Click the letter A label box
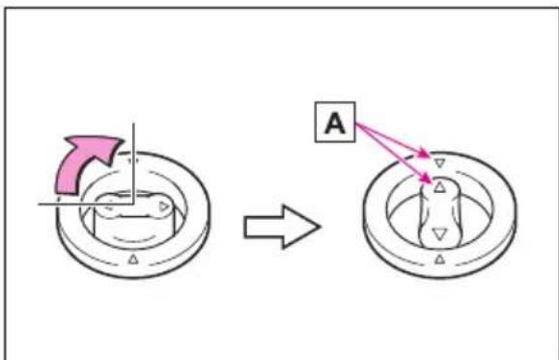point(335,123)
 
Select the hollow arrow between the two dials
point(282,227)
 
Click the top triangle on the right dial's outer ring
point(439,163)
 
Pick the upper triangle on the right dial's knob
point(439,187)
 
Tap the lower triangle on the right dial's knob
point(439,235)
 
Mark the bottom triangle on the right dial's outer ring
point(440,259)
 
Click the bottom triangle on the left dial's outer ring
point(133,259)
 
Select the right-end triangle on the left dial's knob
point(163,207)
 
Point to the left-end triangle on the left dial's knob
point(110,206)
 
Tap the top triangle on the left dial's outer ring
point(132,161)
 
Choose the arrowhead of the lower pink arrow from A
point(427,179)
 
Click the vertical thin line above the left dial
point(133,164)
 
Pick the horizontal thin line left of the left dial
point(86,204)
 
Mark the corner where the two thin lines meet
point(133,204)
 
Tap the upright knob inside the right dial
point(439,213)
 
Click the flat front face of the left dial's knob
point(135,229)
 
